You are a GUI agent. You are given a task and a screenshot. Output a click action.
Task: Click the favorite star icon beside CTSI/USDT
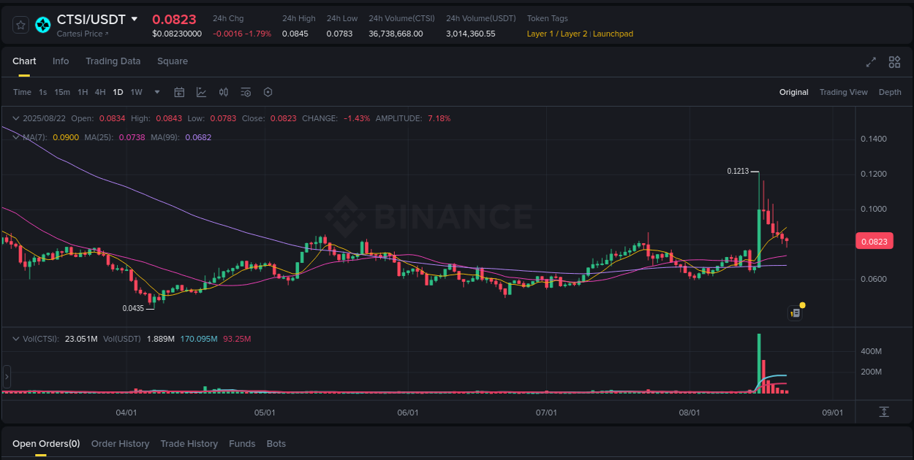pos(21,25)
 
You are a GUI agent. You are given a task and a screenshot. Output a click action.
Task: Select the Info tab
pos(61,61)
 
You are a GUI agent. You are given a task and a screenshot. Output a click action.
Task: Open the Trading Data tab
pos(113,61)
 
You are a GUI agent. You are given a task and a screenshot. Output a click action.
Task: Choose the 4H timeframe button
pos(100,92)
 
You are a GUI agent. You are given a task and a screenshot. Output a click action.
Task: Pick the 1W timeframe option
pos(136,92)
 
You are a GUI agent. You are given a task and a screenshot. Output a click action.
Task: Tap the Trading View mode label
pos(843,92)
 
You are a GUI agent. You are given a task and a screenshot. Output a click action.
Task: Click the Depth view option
pos(890,92)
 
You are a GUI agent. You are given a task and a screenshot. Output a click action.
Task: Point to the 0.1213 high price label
pos(738,171)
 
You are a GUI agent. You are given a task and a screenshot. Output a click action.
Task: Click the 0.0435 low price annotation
pos(133,308)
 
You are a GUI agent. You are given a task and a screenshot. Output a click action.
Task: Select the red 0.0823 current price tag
pos(874,242)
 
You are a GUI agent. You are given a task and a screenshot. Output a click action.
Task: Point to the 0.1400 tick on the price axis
pos(874,139)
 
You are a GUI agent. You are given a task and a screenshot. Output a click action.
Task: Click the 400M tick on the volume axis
pos(871,351)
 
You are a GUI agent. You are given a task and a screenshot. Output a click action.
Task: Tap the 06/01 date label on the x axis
pos(407,413)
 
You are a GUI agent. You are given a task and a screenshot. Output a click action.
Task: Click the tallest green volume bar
pos(759,364)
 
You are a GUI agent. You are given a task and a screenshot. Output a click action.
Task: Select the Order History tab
pos(120,444)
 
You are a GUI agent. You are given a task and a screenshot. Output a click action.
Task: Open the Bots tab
pos(276,444)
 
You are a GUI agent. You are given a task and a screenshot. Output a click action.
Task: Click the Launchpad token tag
pos(613,34)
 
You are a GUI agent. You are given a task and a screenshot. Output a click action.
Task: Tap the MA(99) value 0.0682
pos(198,137)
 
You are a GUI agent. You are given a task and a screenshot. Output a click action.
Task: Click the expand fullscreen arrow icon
pos(871,62)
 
